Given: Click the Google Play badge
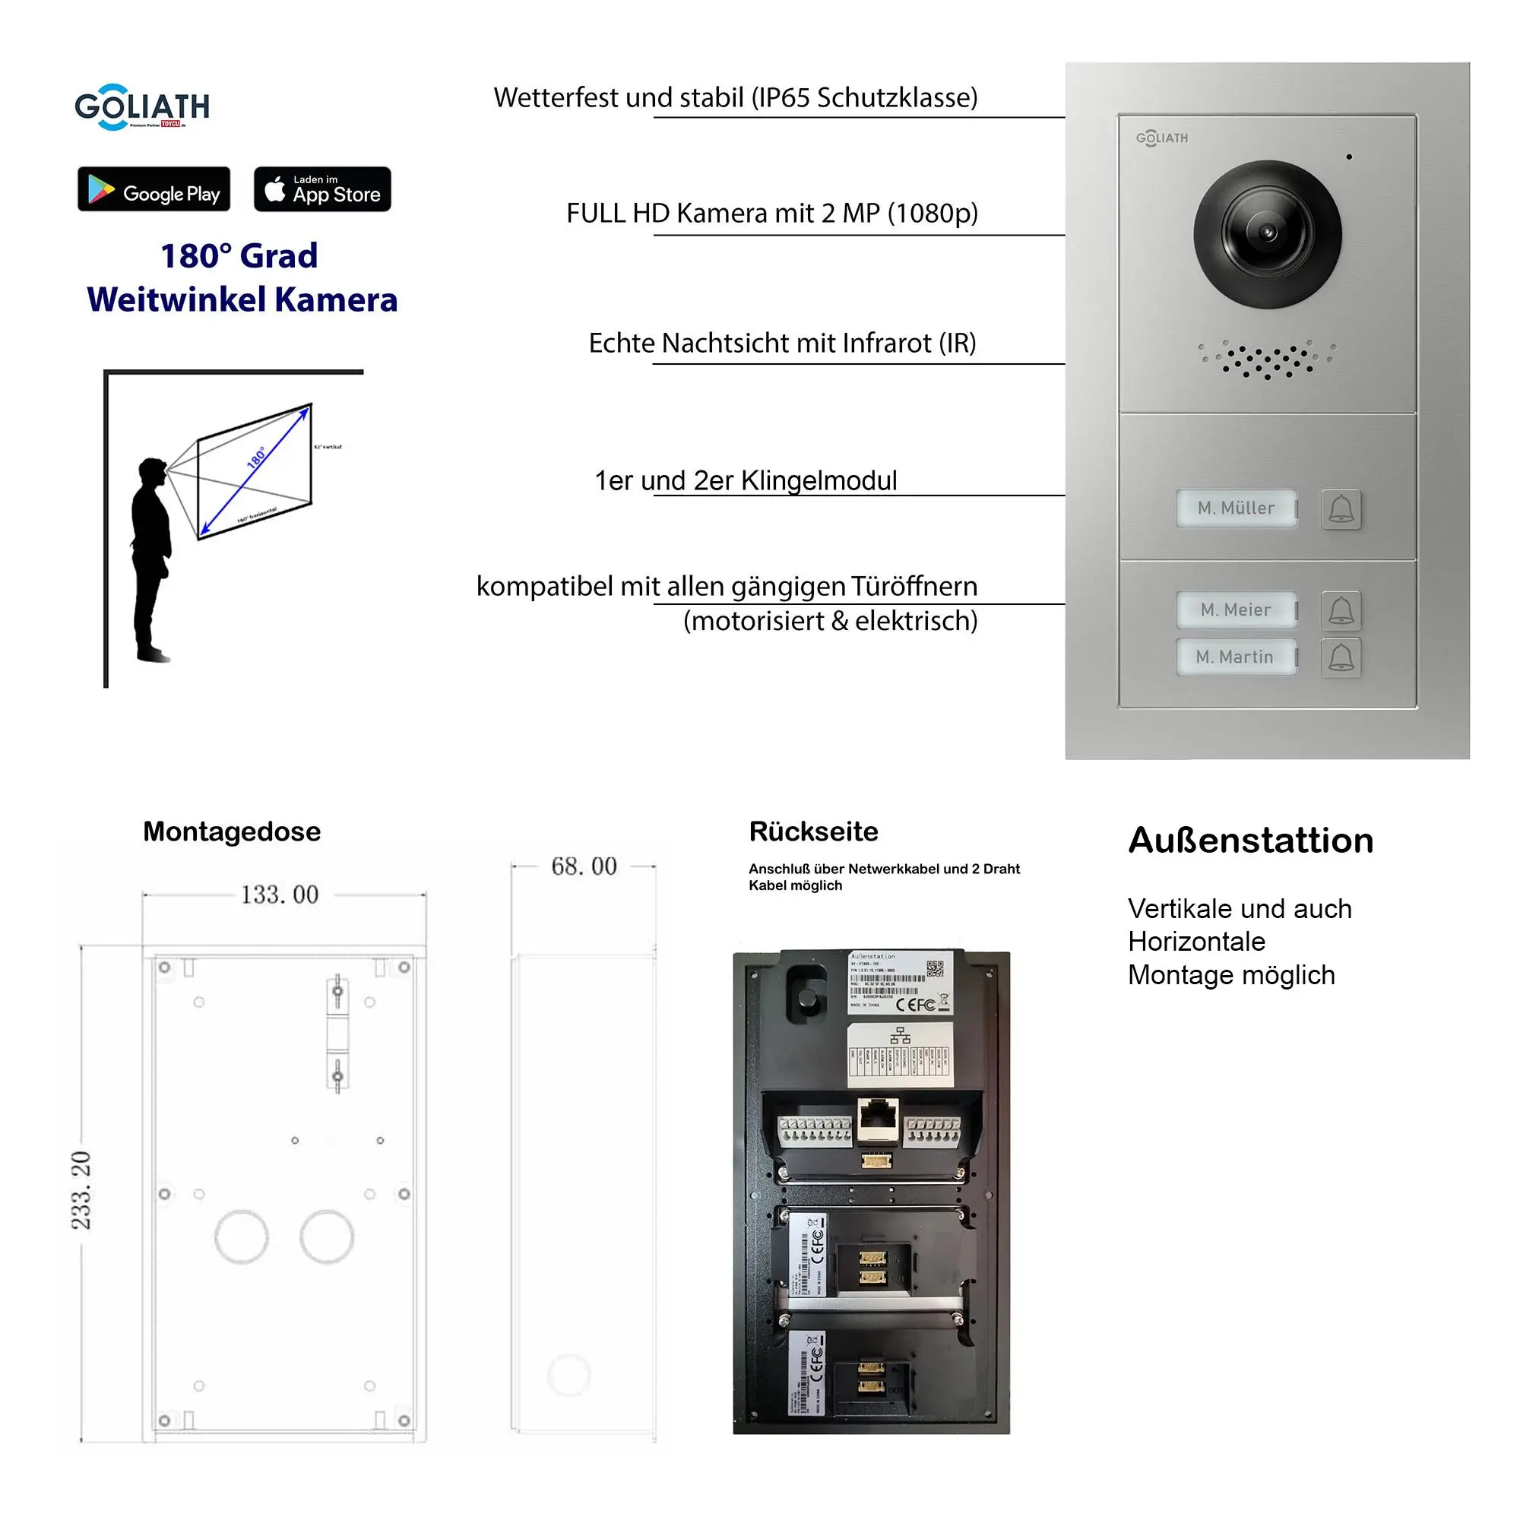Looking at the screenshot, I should [x=154, y=188].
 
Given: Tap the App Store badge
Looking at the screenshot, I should [x=321, y=188].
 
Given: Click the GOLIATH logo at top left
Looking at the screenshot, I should [x=141, y=107].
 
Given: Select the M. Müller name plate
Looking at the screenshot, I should [x=1236, y=508].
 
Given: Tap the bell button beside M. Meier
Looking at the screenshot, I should [x=1341, y=610].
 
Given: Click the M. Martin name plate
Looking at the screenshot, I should [x=1234, y=657].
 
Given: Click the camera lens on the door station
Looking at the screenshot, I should [x=1267, y=233].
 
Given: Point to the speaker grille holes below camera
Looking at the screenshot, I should [x=1266, y=359].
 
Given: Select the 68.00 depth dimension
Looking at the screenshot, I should [x=584, y=866].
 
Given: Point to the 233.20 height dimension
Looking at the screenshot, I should [x=82, y=1189].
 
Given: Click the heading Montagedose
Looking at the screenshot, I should [x=231, y=831].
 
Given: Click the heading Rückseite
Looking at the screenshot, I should [x=812, y=831].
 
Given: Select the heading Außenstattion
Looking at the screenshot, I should [x=1250, y=841].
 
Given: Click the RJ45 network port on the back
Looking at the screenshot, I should [x=877, y=1117].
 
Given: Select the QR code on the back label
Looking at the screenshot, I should [x=935, y=968].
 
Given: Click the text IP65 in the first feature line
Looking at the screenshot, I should [x=783, y=97].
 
